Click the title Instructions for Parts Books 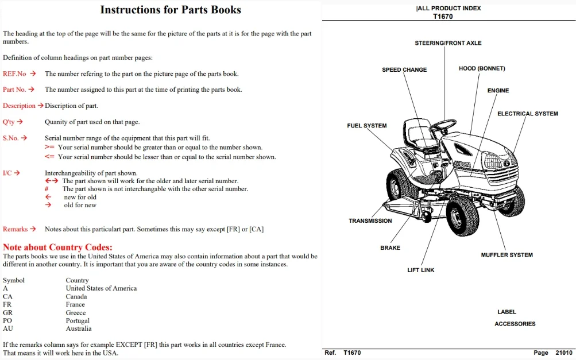pyautogui.click(x=171, y=10)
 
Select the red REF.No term pyautogui.click(x=15, y=74)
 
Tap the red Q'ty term pyautogui.click(x=9, y=122)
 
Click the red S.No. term pyautogui.click(x=11, y=138)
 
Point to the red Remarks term pyautogui.click(x=15, y=229)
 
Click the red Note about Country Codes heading pyautogui.click(x=57, y=247)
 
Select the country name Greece pyautogui.click(x=76, y=312)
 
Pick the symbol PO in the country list pyautogui.click(x=7, y=321)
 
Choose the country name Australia pyautogui.click(x=79, y=329)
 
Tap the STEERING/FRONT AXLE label pyautogui.click(x=448, y=43)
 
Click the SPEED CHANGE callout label pyautogui.click(x=404, y=70)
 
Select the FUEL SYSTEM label pyautogui.click(x=366, y=126)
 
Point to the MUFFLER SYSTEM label pyautogui.click(x=507, y=255)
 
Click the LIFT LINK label pyautogui.click(x=420, y=270)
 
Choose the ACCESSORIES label pyautogui.click(x=515, y=324)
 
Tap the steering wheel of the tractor pyautogui.click(x=443, y=125)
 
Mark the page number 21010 pyautogui.click(x=564, y=353)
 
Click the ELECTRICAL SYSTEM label pyautogui.click(x=528, y=114)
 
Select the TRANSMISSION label pyautogui.click(x=370, y=221)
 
